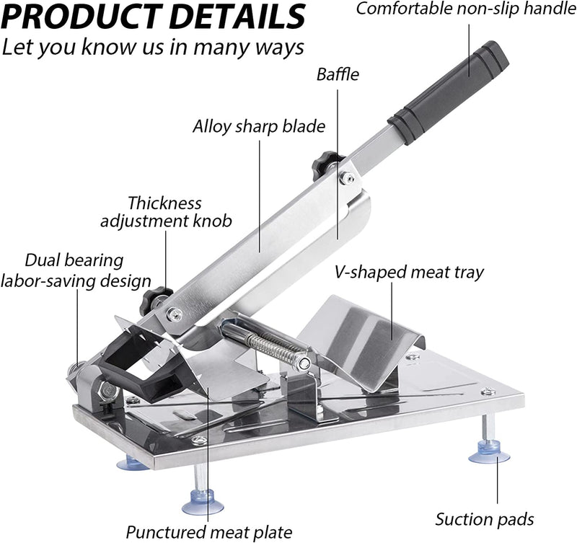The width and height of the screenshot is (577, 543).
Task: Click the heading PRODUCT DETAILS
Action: coord(153,17)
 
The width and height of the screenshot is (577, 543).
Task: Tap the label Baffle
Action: coord(338,74)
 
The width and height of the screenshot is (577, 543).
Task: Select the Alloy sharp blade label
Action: coord(259,126)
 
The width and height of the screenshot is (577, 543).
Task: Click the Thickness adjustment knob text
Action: coord(166,212)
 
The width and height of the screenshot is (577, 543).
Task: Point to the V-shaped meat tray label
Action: coord(409,273)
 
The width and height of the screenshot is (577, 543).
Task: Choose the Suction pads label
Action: coord(485,519)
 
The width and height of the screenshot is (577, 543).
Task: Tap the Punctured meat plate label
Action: coord(209,532)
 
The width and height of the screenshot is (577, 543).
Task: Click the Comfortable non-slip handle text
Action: coord(466,9)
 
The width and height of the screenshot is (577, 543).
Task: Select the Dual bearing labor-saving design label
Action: coord(76,270)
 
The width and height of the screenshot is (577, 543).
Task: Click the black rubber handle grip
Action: coord(449,94)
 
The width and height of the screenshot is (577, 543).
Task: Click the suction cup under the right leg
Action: coord(489,454)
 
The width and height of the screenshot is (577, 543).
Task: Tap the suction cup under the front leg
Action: coord(203,503)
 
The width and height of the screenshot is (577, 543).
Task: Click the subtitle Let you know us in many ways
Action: coord(153,48)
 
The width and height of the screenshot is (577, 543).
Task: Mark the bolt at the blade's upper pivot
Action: coord(347,178)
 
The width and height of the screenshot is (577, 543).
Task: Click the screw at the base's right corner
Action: coord(488,392)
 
